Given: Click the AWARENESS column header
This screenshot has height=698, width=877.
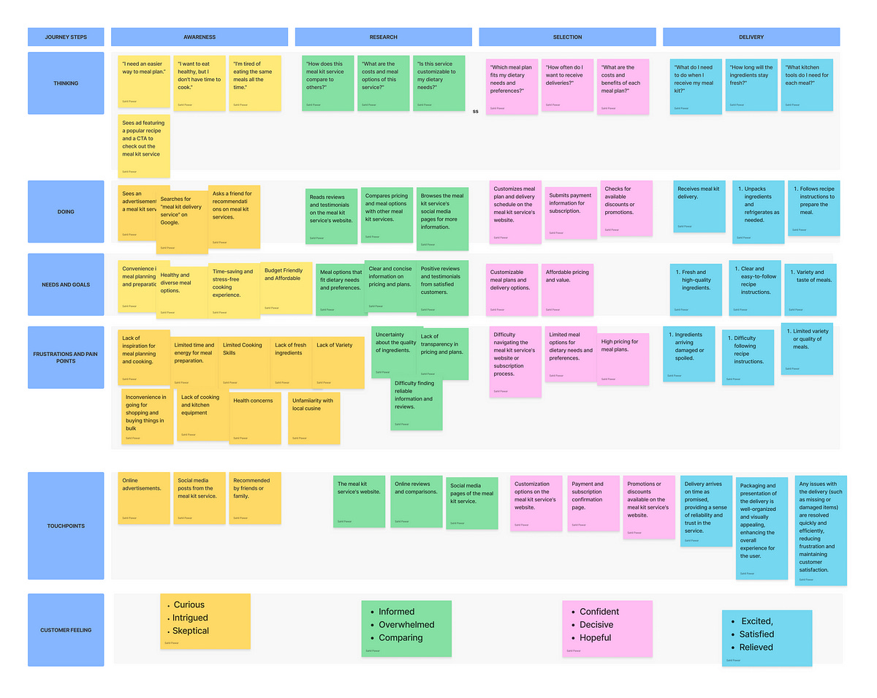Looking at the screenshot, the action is [199, 37].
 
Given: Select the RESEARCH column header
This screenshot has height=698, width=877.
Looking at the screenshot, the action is [383, 37].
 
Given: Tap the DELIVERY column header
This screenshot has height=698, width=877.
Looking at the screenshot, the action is [751, 37].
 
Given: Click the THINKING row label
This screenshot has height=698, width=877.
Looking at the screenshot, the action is [66, 83].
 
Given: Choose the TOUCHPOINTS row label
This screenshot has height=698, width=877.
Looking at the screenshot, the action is [66, 526].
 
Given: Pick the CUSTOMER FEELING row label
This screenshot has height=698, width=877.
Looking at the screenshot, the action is [66, 629].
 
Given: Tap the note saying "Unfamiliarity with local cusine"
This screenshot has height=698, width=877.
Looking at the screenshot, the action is [314, 417].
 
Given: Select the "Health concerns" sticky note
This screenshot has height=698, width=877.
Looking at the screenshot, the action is [254, 417].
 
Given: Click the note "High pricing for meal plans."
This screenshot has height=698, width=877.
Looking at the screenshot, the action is [623, 359].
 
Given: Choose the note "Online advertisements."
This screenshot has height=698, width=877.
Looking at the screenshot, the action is [144, 497].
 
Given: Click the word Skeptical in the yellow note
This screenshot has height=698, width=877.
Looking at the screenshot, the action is [190, 631].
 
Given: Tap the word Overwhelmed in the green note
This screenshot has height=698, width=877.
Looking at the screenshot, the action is [406, 625].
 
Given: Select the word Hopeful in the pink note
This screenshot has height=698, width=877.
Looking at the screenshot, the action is [595, 637].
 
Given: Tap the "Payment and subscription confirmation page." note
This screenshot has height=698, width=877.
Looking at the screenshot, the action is [593, 503].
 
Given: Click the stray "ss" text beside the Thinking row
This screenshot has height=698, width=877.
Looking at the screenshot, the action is [475, 112].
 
